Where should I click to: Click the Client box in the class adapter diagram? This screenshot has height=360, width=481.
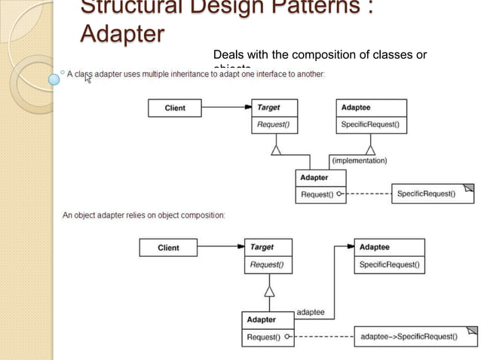174,108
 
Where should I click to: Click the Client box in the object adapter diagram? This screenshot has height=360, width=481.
168,248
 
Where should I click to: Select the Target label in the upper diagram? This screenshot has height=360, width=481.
270,108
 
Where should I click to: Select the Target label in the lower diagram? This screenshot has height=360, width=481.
262,247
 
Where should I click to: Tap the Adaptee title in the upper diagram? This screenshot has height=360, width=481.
356,108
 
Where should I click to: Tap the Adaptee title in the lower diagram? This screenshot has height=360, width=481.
375,247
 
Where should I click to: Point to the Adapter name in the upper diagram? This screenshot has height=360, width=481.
314,178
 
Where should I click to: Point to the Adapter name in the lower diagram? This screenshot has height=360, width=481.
262,320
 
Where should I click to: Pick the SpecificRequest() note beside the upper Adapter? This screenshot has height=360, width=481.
426,194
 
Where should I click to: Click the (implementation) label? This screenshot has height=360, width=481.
360,160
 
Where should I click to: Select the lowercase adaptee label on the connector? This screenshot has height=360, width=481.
311,311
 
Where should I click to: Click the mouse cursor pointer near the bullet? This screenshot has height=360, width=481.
87,78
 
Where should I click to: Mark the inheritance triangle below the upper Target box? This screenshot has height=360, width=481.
277,150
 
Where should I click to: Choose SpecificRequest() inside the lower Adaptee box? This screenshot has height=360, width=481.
389,264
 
